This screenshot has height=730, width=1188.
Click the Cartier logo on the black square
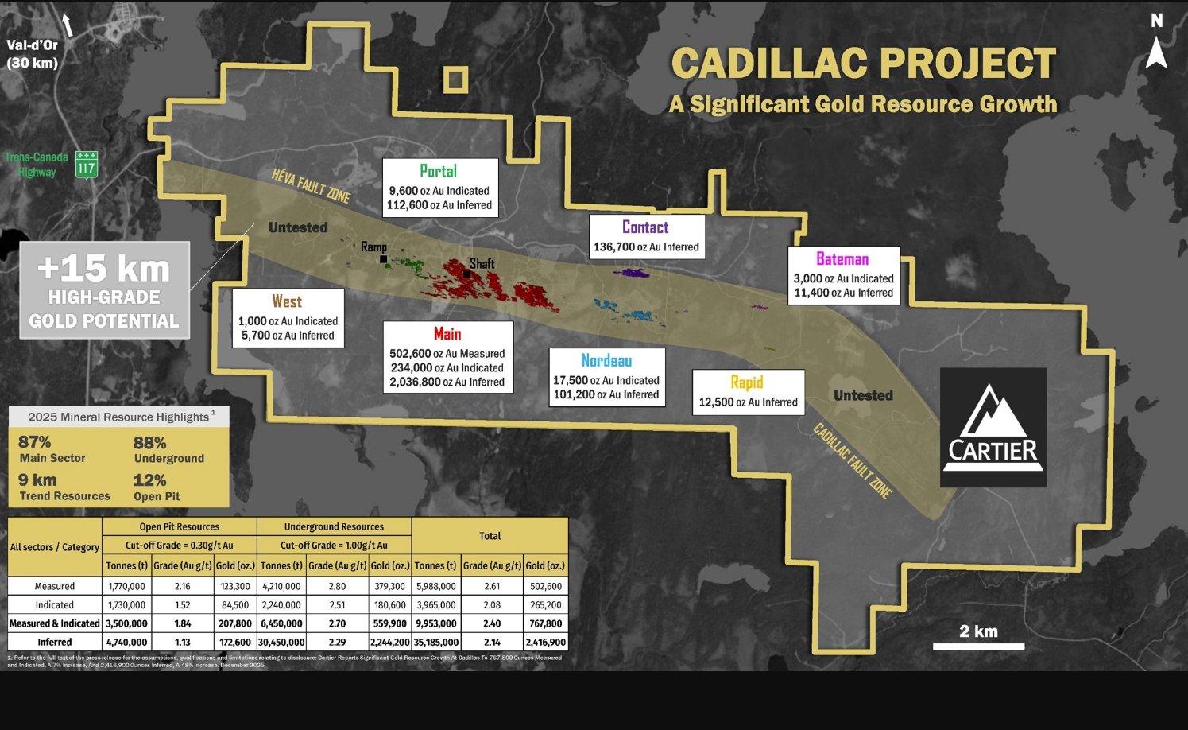tap(993, 427)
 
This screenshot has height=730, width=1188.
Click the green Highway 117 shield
tap(87, 165)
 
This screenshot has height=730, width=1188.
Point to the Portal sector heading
tap(438, 171)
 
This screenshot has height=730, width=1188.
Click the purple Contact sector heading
tap(644, 227)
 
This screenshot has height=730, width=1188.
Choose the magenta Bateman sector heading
tap(842, 259)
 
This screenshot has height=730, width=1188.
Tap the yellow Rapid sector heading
tap(746, 382)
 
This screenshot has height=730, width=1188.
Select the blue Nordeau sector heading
tap(606, 361)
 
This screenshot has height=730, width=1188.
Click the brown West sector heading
tap(287, 301)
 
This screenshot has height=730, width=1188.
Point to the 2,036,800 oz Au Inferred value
tap(447, 382)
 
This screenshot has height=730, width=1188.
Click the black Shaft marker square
tap(467, 274)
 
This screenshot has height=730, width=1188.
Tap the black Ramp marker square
tap(383, 259)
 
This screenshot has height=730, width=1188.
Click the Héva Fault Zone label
tap(311, 185)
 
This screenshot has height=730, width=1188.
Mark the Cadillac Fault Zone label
tap(852, 461)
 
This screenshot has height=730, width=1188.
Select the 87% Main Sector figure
tap(35, 442)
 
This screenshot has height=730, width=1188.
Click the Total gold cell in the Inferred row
tap(545, 642)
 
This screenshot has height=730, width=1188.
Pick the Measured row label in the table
tap(54, 586)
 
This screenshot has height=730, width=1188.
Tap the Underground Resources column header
tap(334, 526)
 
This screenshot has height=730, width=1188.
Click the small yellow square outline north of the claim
tap(455, 79)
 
